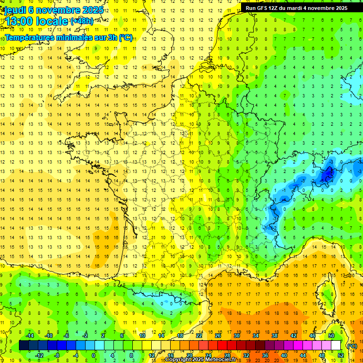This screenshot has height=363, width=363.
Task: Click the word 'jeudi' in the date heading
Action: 14,10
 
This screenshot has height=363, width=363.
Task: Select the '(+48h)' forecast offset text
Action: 82,21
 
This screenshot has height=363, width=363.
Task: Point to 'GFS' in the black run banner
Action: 264,8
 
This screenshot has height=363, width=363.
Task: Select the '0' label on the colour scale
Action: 94,355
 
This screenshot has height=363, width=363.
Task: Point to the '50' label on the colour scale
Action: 331,336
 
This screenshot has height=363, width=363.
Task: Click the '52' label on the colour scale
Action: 341,355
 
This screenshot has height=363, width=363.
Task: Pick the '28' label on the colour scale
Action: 227,355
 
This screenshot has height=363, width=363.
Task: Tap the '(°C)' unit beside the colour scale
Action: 352,346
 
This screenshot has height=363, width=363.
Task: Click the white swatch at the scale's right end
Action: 336,346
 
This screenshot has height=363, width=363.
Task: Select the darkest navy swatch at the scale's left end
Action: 24,346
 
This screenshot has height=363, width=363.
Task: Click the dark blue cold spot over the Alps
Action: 327,174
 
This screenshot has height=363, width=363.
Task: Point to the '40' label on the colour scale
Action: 284,355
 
